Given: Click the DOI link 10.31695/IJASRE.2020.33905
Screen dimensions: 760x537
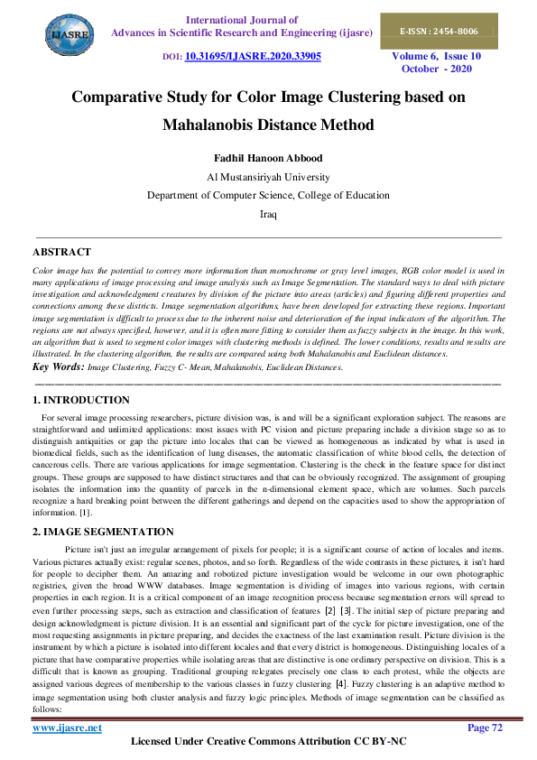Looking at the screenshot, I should pos(253,56).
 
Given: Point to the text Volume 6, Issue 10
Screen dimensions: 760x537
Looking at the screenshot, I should pos(436,56).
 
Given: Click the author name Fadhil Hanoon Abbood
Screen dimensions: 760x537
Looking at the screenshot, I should pos(268,158).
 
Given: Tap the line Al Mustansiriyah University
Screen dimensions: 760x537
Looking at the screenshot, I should pos(268,177).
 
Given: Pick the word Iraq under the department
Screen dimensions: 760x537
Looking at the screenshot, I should pos(268,214).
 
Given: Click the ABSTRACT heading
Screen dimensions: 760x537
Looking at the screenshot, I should pos(61,252).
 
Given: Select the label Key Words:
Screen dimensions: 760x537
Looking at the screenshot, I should pos(57,366).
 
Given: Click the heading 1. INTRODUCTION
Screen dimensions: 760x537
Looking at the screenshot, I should pos(81,399).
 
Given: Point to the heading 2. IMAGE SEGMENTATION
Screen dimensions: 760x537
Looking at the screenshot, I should pos(103,532).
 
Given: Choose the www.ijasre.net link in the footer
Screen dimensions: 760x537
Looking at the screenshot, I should pos(67,728).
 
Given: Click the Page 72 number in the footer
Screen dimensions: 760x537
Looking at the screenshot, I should pos(484,728).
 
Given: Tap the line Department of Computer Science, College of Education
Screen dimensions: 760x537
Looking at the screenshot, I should pos(268,195).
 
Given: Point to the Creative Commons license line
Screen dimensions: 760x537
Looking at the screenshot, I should pos(268,742).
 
